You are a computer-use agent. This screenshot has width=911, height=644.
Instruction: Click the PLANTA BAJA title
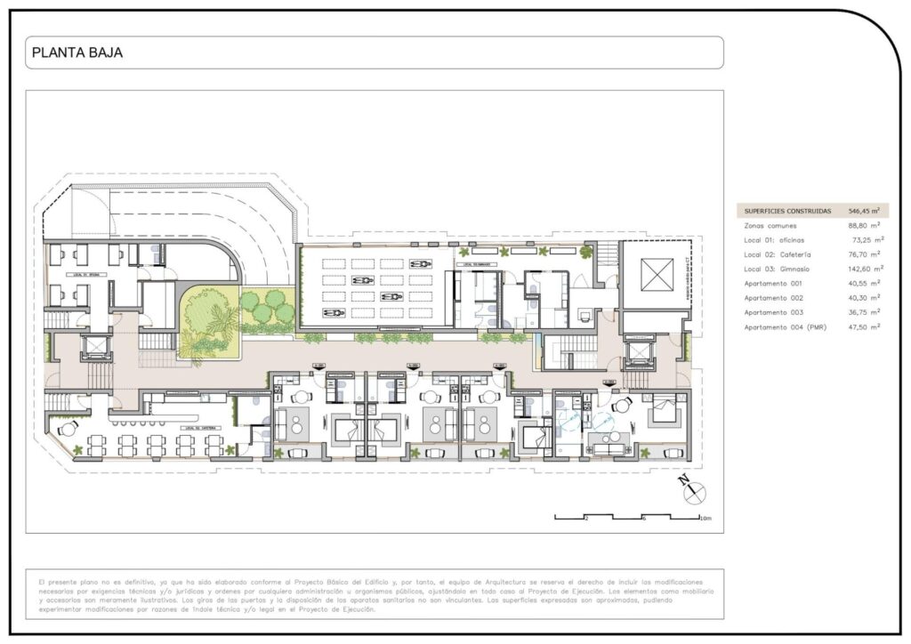pos(77,52)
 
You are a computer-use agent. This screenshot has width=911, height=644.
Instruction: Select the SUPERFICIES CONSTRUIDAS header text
pos(786,212)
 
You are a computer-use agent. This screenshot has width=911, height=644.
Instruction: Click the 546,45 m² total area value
pos(863,212)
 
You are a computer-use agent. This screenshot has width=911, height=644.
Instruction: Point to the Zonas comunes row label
pos(771,226)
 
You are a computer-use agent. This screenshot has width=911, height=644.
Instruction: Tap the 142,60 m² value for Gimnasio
pos(865,270)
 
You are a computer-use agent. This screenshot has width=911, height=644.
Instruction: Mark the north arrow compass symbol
pos(692,490)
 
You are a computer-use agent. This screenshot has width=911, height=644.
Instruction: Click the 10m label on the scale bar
pos(705,519)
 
